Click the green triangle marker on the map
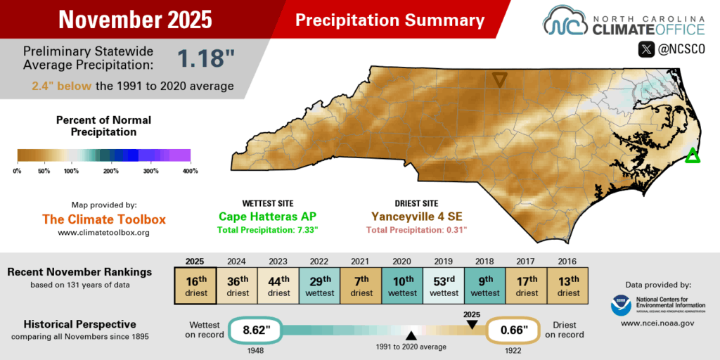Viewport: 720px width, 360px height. pos(693,156)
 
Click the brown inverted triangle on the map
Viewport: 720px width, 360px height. pos(499,79)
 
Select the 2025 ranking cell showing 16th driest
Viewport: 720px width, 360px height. pos(195,287)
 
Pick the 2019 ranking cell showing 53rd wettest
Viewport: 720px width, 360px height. pos(444,287)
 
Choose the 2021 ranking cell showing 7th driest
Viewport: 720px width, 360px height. pos(361,287)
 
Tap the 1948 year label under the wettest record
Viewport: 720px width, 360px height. pos(252,349)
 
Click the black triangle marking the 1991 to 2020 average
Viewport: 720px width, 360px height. pos(410,335)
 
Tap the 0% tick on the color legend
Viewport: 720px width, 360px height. pos(18,171)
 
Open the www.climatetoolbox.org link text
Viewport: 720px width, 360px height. pos(103,232)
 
